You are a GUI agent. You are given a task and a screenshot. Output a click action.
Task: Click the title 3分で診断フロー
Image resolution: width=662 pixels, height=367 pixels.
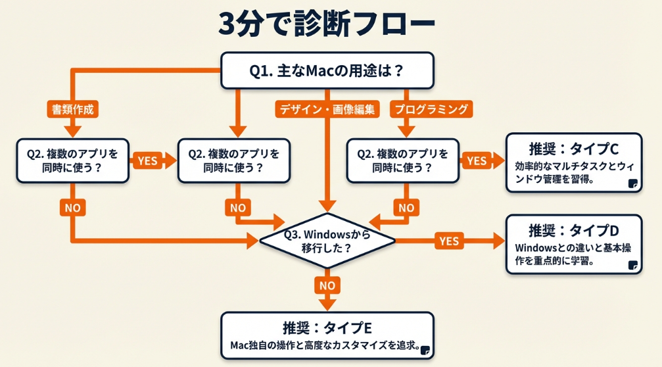(x=327, y=25)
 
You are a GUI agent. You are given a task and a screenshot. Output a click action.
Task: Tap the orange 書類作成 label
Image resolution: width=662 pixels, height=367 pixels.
(x=73, y=109)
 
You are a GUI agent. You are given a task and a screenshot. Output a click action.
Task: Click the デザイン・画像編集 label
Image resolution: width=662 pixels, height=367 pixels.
(x=327, y=109)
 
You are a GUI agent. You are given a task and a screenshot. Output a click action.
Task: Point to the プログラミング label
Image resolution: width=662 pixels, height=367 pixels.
(x=431, y=109)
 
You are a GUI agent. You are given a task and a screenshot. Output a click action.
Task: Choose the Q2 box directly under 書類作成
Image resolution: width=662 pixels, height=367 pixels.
(x=73, y=160)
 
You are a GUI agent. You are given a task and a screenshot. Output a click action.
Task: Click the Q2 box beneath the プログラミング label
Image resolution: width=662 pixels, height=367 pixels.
(x=402, y=160)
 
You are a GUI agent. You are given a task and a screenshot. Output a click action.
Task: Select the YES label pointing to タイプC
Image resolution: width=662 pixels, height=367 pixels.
(x=476, y=160)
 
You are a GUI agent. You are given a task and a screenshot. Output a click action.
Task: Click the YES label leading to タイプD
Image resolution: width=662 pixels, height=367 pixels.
(x=449, y=241)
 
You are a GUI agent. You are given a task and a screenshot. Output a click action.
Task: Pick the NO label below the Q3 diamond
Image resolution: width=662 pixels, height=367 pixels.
(x=327, y=286)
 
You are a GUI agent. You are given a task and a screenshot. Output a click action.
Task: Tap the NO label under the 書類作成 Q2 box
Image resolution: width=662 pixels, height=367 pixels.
(x=73, y=208)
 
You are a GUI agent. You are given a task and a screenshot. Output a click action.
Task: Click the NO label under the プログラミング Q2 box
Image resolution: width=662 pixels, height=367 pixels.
(x=406, y=208)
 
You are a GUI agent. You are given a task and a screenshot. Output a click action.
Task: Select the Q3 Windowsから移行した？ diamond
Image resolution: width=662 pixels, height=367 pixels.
(x=327, y=241)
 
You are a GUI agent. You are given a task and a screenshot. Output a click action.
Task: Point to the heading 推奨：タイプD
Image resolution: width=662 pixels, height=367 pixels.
(x=574, y=231)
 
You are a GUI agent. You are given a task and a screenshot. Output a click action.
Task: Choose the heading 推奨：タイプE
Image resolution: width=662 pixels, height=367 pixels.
(x=327, y=328)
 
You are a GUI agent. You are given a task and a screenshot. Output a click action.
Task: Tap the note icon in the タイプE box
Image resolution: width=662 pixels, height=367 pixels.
(x=425, y=349)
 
